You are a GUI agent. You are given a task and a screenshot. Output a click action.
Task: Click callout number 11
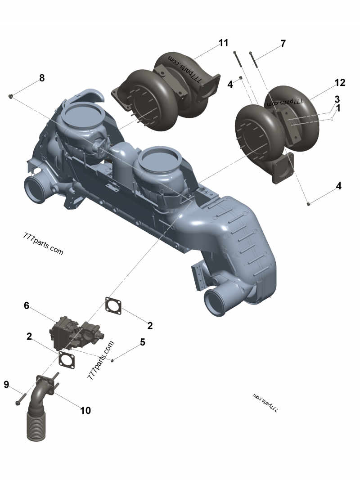pyautogui.click(x=224, y=43)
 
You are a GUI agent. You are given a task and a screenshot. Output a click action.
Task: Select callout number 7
pyautogui.click(x=283, y=44)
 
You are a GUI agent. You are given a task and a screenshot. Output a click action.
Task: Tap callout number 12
pyautogui.click(x=340, y=83)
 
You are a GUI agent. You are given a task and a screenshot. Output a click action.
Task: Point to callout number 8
pyautogui.click(x=42, y=78)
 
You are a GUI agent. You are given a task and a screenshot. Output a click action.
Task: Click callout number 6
pyautogui.click(x=27, y=306)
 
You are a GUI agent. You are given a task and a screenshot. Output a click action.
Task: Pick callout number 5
pyautogui.click(x=143, y=342)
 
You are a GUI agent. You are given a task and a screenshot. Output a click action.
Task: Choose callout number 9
pyautogui.click(x=6, y=384)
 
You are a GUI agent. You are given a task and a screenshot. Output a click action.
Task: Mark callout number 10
pyautogui.click(x=85, y=410)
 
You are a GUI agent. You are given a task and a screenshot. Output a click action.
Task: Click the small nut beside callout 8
pyautogui.click(x=11, y=96)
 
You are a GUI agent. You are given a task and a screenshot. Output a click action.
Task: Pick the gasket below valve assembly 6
pyautogui.click(x=67, y=360)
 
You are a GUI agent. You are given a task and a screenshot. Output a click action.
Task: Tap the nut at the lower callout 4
pyautogui.click(x=308, y=204)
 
